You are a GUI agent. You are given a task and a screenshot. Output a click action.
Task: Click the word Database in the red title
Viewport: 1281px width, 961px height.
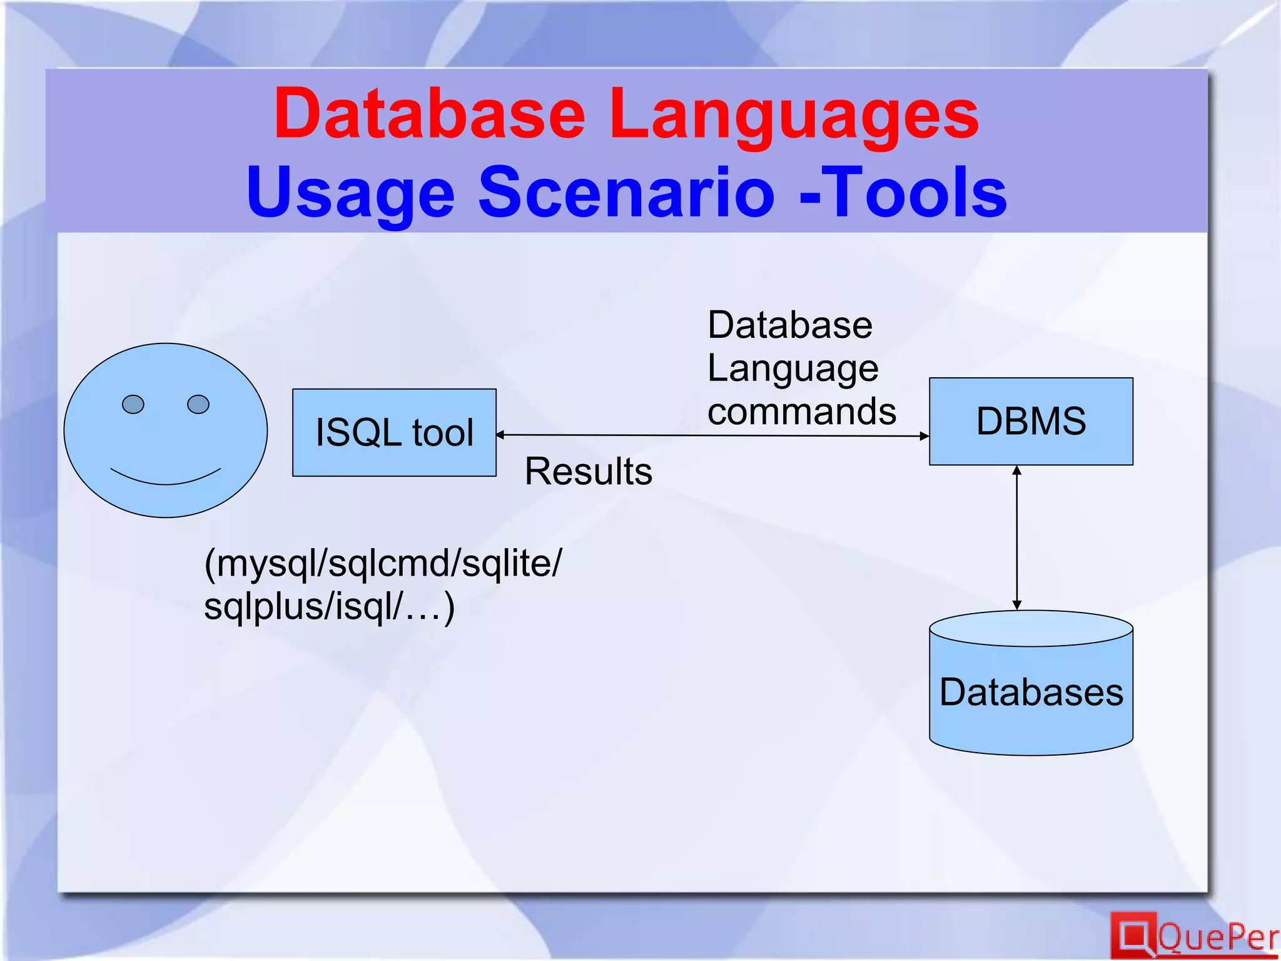[429, 114]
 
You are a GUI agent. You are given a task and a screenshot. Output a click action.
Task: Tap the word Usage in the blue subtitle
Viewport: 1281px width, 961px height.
[350, 193]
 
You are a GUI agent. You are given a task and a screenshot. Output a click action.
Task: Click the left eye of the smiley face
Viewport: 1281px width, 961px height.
[133, 404]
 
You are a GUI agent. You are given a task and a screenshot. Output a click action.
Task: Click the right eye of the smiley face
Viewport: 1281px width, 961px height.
[198, 404]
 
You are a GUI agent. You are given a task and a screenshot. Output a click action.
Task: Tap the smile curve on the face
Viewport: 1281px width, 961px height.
[166, 479]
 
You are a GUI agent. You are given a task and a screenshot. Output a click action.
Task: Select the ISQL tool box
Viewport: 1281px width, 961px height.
[394, 432]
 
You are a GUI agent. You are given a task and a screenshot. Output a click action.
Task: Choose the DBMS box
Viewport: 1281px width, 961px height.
[1031, 421]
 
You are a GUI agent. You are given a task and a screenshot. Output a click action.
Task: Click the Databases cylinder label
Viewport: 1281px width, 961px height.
[1031, 692]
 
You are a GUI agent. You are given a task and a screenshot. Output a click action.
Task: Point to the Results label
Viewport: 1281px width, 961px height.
[588, 471]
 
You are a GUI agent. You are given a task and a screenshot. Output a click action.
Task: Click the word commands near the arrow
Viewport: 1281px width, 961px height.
[802, 412]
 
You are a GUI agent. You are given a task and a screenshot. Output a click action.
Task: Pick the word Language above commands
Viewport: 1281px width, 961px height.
[793, 368]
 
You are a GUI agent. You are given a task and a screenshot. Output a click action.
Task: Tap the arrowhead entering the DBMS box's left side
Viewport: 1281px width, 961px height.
[924, 436]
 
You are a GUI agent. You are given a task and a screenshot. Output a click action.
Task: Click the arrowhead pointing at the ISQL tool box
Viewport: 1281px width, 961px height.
[500, 434]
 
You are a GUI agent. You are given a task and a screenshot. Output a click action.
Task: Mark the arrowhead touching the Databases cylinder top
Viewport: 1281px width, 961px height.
[1017, 605]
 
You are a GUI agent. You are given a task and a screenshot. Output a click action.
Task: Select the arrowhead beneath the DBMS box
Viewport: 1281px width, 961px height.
[1017, 470]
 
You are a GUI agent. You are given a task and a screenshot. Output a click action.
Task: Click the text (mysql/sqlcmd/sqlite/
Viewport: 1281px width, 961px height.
[383, 563]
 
